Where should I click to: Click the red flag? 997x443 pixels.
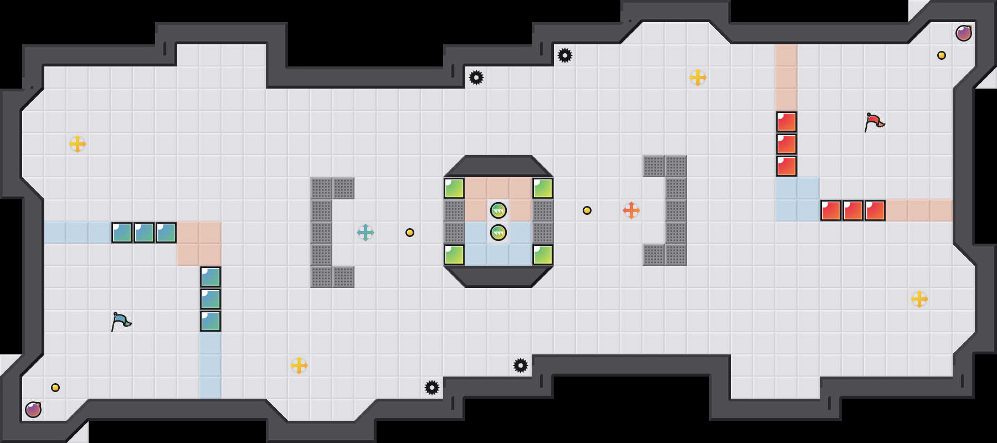874,122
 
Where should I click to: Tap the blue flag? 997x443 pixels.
121,321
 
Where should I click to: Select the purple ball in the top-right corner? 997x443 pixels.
964,33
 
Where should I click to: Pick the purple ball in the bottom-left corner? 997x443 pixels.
33,410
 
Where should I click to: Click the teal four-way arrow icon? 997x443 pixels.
366,233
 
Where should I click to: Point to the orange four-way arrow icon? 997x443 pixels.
631,210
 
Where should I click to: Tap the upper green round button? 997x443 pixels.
498,210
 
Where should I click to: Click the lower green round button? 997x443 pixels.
498,233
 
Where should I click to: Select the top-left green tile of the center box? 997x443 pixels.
454,188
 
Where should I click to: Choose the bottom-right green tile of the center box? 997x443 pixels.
543,255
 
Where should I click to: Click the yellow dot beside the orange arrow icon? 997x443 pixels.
587,210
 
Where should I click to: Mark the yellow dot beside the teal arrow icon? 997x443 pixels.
410,233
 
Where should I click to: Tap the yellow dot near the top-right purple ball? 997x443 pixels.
942,55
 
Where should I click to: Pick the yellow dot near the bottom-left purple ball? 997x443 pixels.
55,388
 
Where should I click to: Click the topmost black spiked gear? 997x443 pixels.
565,55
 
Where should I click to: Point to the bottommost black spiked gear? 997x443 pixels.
432,388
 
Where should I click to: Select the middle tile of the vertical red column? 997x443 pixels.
787,144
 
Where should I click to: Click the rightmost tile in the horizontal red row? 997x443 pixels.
875,210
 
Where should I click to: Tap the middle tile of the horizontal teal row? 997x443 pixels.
144,233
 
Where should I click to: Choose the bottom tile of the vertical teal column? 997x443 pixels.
210,321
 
